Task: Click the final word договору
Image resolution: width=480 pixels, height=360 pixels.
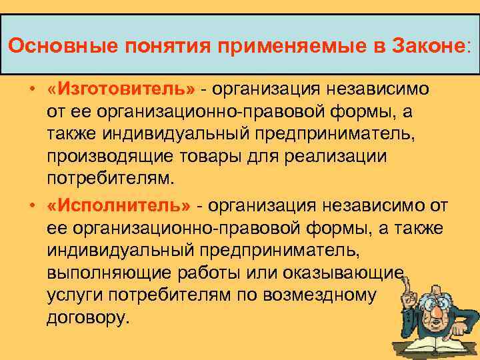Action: pyautogui.click(x=87, y=318)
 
